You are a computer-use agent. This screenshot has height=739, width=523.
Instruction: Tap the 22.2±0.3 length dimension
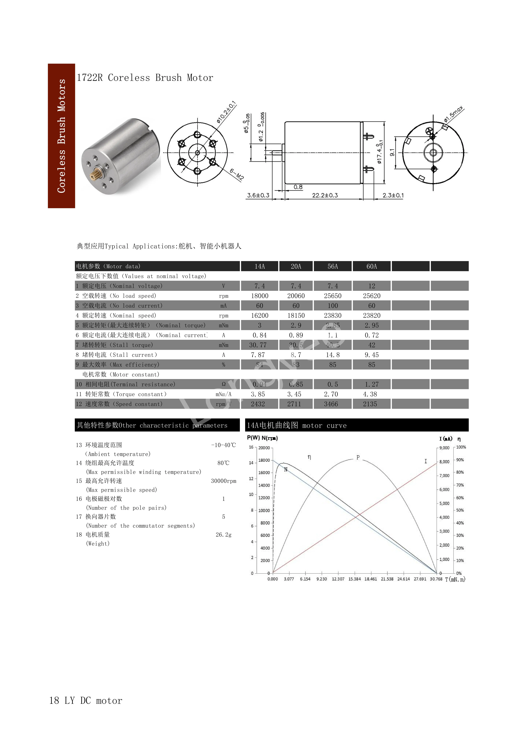pos(325,195)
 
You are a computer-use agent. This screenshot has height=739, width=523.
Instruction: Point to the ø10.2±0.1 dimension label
pos(226,112)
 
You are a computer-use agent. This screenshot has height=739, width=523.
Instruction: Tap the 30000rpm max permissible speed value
pos(223,481)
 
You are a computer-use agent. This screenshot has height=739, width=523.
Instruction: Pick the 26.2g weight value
pos(223,535)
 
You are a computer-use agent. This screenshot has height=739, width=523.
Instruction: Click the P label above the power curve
pos(358,457)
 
